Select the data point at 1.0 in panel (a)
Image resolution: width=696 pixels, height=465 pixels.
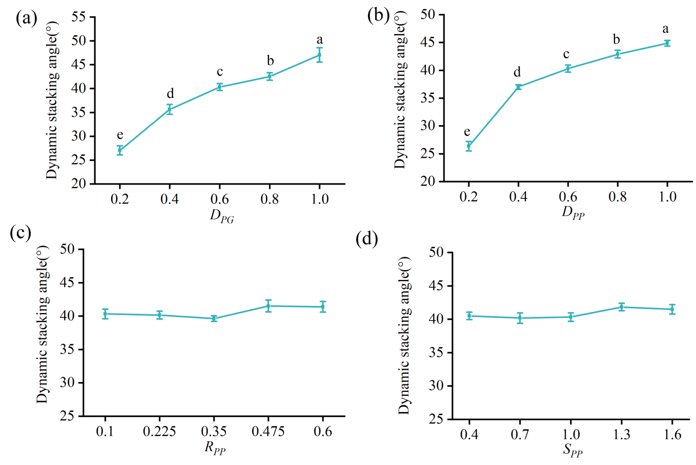click(x=319, y=55)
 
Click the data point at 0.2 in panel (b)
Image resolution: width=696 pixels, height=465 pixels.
click(x=469, y=146)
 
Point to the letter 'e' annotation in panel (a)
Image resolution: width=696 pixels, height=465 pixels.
click(x=120, y=135)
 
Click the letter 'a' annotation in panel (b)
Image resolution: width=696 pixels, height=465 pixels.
click(x=666, y=29)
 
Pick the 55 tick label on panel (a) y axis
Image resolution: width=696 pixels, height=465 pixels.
click(x=78, y=17)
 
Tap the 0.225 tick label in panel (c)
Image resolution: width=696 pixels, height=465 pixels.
click(x=159, y=432)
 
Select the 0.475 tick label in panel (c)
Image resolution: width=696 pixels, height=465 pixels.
click(x=268, y=432)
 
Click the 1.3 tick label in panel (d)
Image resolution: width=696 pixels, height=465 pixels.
click(x=621, y=435)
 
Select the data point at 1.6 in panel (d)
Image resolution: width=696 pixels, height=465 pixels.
click(x=672, y=309)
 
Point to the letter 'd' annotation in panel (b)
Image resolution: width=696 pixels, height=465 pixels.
click(x=517, y=72)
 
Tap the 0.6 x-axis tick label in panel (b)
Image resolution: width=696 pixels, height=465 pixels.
click(x=568, y=197)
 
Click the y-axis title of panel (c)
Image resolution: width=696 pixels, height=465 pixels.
click(x=42, y=325)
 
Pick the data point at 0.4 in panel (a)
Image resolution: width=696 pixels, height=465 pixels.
click(x=170, y=109)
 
